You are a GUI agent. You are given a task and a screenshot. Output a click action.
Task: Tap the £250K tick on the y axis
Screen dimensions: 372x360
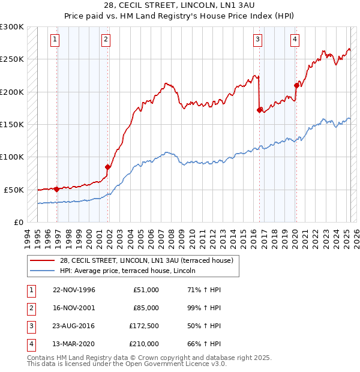click(x=11, y=59)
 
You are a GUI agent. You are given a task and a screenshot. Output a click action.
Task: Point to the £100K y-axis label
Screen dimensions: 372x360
click(x=11, y=157)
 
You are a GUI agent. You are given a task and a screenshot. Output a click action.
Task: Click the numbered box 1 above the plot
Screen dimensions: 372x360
click(x=55, y=40)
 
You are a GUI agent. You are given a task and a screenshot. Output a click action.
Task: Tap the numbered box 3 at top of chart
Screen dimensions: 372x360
click(x=257, y=40)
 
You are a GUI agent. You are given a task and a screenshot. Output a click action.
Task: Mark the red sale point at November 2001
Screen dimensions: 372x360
click(x=108, y=167)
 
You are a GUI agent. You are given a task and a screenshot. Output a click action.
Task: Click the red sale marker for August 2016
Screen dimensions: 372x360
click(x=259, y=110)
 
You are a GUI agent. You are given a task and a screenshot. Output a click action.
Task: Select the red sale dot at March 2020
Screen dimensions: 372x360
click(x=296, y=85)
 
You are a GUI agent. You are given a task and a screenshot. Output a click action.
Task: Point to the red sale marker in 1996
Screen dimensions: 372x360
click(x=57, y=189)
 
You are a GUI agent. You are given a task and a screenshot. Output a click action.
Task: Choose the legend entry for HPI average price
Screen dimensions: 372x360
click(x=133, y=271)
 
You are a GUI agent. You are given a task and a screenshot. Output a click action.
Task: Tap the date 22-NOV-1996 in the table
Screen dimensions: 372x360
click(x=74, y=290)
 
